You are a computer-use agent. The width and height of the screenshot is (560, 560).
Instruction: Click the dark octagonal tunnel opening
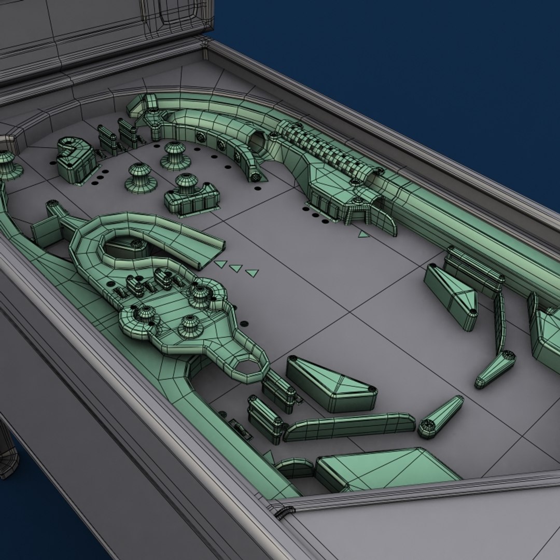click(x=257, y=138)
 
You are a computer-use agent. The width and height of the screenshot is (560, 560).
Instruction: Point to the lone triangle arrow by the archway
click(x=363, y=234)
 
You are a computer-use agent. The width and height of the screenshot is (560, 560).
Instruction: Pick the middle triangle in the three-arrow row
click(x=236, y=268)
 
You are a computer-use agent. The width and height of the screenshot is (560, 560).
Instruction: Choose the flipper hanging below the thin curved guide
click(x=495, y=369)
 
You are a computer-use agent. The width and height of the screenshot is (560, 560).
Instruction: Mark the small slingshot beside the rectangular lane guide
click(x=451, y=295)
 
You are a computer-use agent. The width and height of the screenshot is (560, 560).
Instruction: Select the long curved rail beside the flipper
click(x=348, y=426)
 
